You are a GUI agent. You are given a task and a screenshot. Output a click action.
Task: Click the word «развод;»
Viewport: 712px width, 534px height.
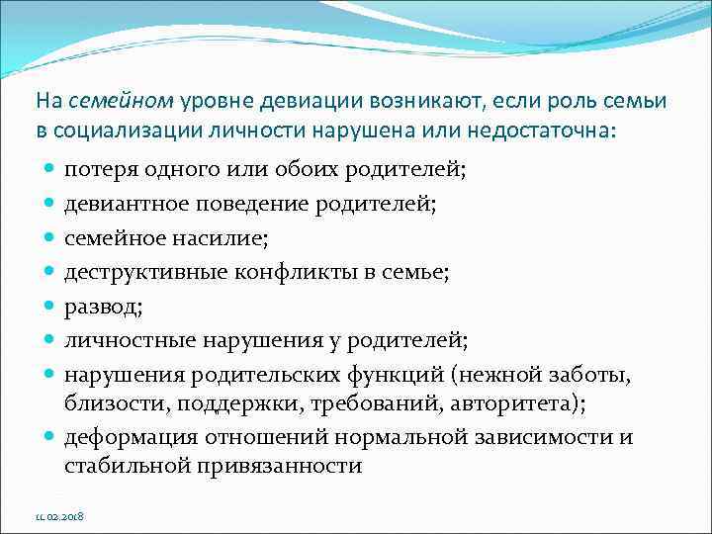(104, 307)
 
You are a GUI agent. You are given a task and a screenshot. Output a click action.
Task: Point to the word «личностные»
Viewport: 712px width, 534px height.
(130, 341)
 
